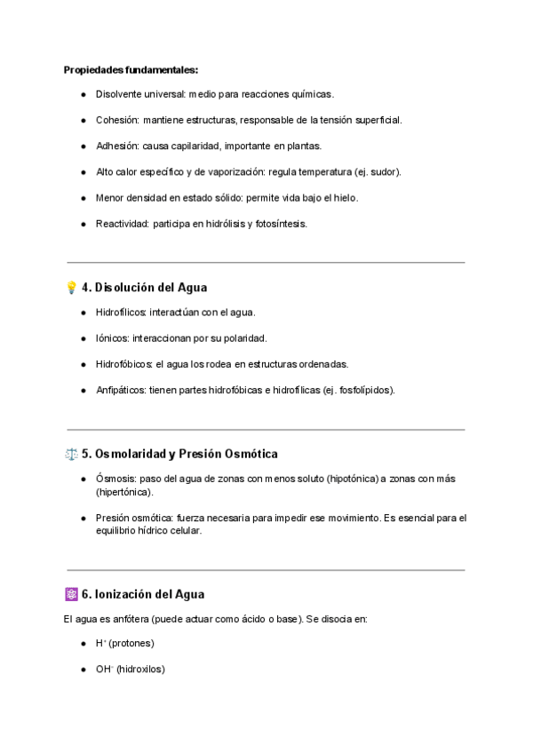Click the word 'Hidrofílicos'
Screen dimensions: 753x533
point(122,312)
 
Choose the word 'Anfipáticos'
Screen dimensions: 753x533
point(121,390)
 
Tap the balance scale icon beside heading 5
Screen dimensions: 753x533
point(71,454)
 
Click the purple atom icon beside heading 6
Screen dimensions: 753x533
point(71,594)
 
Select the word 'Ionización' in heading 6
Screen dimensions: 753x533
point(127,594)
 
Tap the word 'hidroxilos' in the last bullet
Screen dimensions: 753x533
point(140,669)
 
